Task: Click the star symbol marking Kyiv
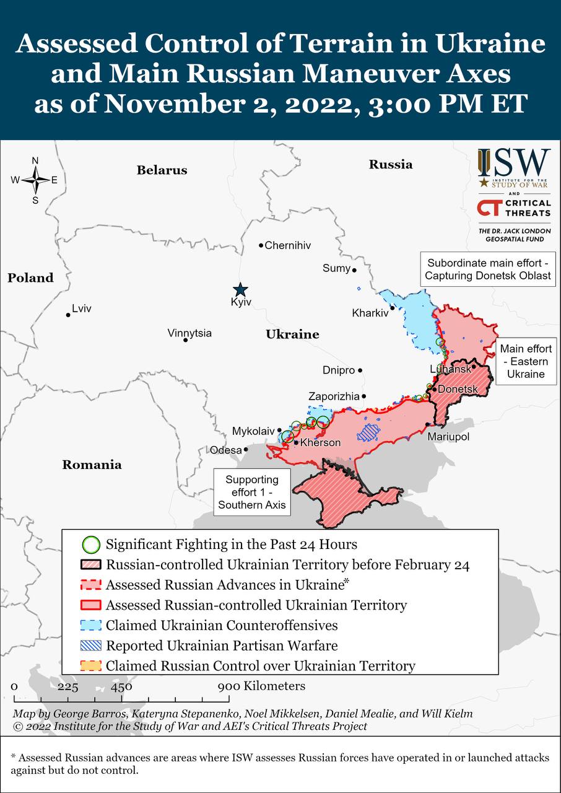coord(240,290)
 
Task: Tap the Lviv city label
coord(82,309)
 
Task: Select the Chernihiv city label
coord(287,245)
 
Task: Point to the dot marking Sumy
coord(354,270)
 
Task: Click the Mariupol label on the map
coord(448,437)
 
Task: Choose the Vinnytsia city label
coord(189,333)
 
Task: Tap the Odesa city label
coord(225,450)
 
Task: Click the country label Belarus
coord(162,170)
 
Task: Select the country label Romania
coord(92,465)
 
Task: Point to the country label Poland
coord(30,278)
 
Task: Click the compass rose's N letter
coord(35,161)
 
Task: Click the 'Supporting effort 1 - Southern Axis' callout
coord(251,492)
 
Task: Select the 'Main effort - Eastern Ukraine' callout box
coord(526,361)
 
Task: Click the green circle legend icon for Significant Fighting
coord(91,545)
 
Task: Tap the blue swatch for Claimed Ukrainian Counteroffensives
coord(91,625)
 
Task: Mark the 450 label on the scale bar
coord(121,686)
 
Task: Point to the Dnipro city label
coord(339,370)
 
